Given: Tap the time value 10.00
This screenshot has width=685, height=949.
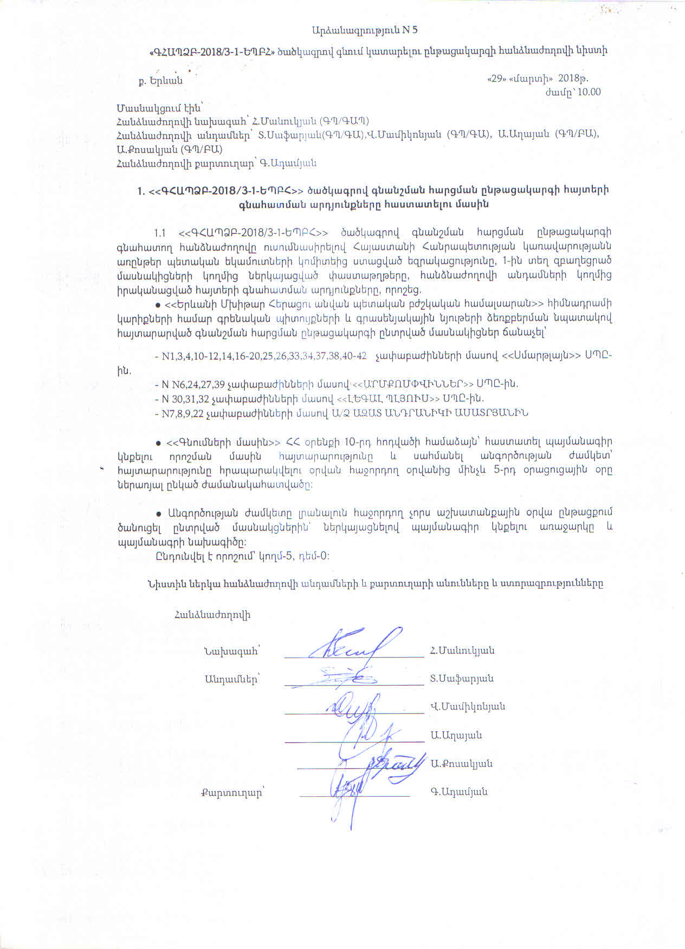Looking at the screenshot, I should (590, 92).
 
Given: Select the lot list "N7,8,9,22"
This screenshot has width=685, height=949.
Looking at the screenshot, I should (185, 413).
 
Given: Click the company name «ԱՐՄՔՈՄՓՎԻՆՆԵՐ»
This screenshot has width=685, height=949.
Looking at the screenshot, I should (413, 384).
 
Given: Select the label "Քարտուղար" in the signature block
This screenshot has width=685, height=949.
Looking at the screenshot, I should (231, 792).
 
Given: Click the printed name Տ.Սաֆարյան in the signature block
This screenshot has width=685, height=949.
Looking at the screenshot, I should (462, 679).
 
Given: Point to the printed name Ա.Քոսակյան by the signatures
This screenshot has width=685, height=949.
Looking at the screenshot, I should (462, 764).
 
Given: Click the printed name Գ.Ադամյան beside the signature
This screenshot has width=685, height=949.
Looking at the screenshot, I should (459, 792).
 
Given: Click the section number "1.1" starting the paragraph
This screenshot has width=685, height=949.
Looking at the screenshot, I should (159, 232).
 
